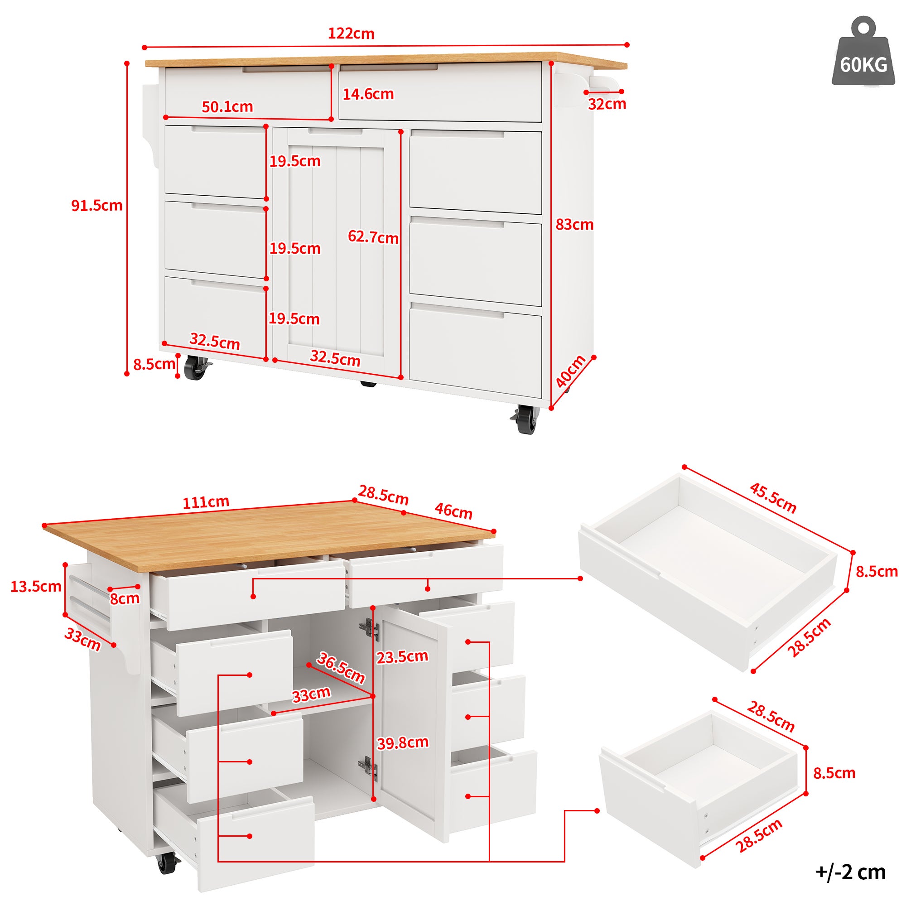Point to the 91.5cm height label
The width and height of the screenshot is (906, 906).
coord(96,205)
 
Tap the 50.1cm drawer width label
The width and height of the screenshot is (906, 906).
coord(227,107)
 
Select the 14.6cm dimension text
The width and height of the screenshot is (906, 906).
coord(368,94)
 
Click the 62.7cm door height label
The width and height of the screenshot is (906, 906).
coord(373,237)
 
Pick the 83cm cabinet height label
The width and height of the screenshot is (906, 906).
coord(574,225)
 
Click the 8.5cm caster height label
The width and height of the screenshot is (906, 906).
coord(154,364)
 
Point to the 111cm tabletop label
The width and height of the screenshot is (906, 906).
coord(206,502)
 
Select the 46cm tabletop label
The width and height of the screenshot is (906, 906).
coord(453,511)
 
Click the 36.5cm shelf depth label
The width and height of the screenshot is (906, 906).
coord(341,668)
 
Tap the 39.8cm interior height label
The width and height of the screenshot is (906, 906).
coord(403,743)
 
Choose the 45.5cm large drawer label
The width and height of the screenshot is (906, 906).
coord(773,498)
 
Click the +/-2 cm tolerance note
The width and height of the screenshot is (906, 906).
coord(851,872)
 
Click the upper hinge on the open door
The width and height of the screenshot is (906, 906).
coord(370,629)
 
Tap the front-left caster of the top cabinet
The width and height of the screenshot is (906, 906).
coord(196,367)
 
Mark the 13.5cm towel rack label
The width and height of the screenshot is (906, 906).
coord(36,587)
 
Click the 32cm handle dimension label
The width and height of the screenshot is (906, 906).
coord(607,104)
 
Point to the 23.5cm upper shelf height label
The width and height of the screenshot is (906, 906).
coord(402,657)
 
